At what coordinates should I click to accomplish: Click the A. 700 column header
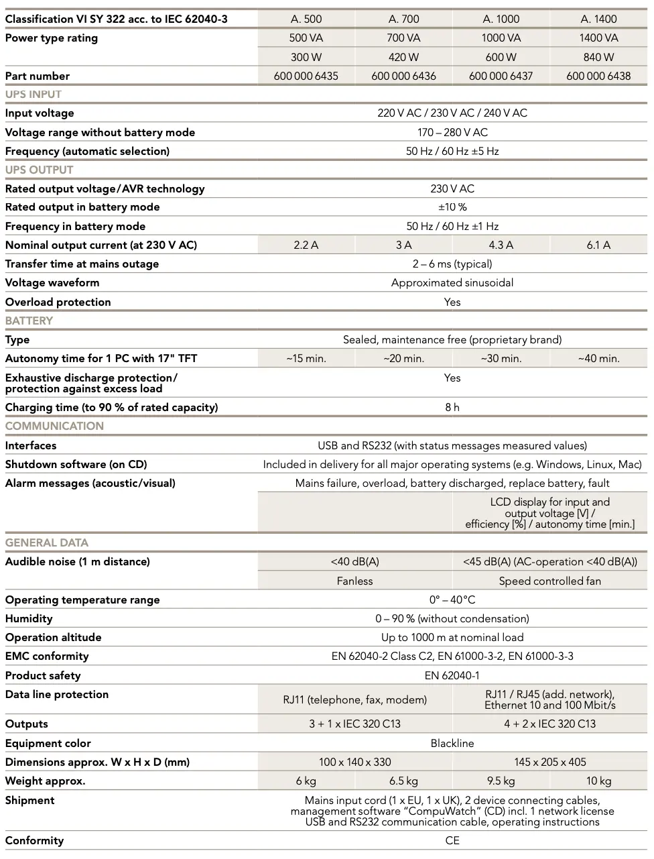tap(403, 19)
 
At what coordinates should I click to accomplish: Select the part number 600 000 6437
tap(501, 76)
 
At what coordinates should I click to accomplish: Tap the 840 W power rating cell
tap(598, 57)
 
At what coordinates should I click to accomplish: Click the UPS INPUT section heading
tap(34, 95)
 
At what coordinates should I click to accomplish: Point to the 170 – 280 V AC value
tap(452, 132)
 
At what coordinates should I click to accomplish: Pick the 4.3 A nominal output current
tap(501, 245)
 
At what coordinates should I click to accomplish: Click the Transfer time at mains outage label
tap(82, 264)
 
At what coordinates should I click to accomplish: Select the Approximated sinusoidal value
tap(452, 282)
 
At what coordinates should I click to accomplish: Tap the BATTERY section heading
tap(29, 321)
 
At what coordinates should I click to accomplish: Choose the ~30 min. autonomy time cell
tap(501, 358)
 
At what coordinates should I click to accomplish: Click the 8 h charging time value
tap(452, 407)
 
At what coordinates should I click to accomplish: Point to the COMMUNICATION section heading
tap(54, 426)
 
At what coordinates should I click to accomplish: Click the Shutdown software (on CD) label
tap(76, 464)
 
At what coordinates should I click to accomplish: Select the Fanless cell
tap(354, 581)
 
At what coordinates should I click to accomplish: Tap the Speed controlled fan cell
tap(549, 581)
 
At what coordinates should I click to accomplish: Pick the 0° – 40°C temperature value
tap(452, 599)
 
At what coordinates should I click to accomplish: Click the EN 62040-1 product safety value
tap(452, 675)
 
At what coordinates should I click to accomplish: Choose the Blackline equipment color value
tap(452, 743)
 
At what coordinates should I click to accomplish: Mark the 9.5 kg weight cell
tap(501, 781)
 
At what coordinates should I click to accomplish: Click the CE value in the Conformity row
tap(452, 840)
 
